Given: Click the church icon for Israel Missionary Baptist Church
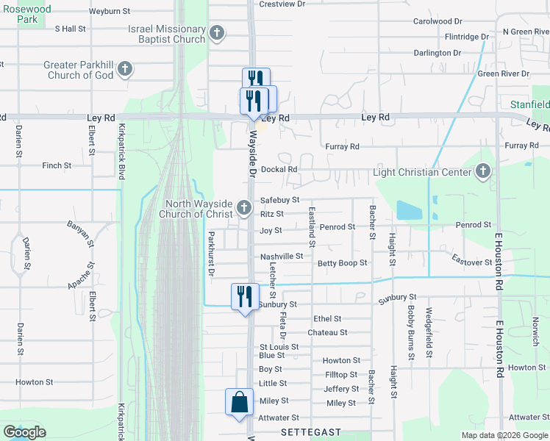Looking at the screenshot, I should [217, 32].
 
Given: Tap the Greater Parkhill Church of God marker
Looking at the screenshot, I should [125, 70].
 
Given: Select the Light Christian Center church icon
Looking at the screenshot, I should [483, 172].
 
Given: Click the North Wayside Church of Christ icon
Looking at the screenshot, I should [243, 209].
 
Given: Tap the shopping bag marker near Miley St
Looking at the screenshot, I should [239, 403].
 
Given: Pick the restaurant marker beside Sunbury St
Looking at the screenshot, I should [243, 297].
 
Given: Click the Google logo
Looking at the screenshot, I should [24, 432].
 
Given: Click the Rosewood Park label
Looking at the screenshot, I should [26, 14].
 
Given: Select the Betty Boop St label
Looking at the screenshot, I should [342, 263].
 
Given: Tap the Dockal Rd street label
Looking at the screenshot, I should [279, 169].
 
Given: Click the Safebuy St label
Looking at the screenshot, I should [280, 200].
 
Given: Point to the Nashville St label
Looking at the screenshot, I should [282, 257].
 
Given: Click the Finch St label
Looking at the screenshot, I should [57, 165].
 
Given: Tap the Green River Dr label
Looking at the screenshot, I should [504, 73].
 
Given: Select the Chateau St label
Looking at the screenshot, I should [327, 332].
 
